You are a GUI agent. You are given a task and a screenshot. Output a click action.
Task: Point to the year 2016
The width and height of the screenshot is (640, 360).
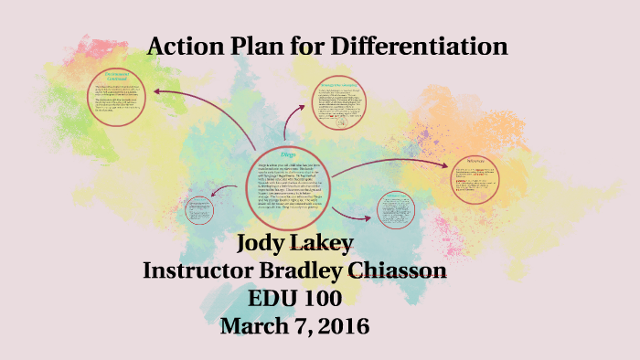[x=344, y=325]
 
